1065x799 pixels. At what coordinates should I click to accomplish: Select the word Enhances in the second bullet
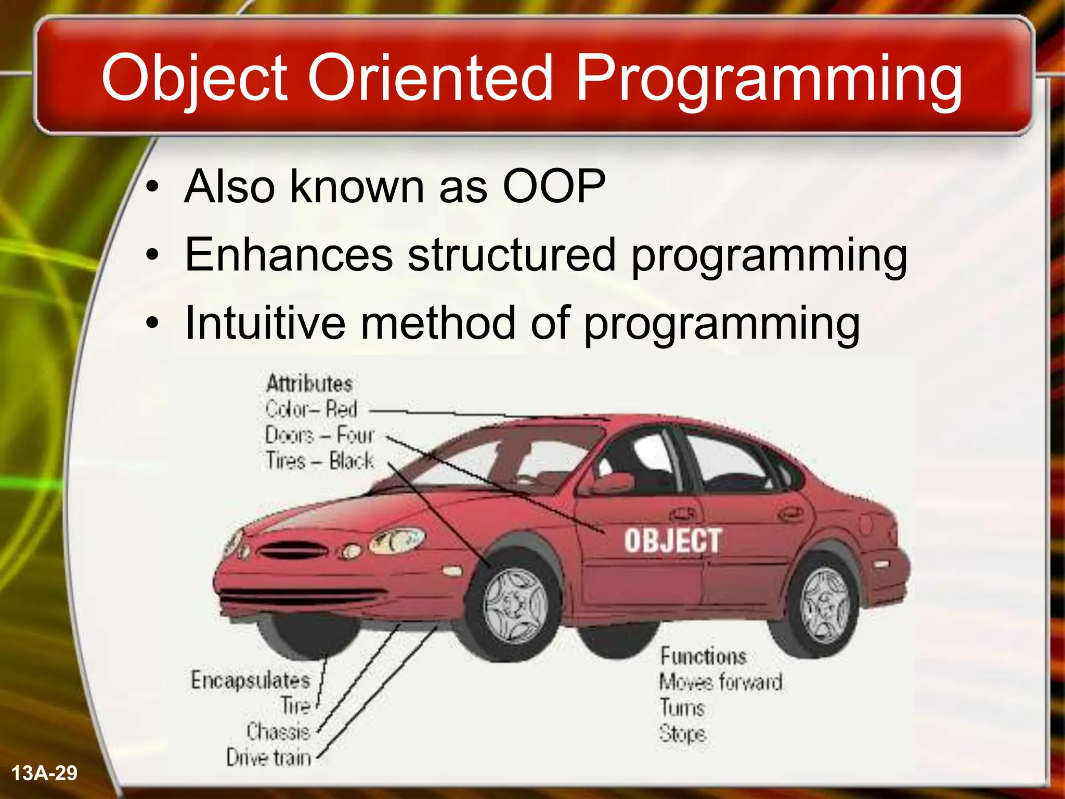click(289, 254)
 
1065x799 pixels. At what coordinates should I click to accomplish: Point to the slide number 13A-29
click(44, 773)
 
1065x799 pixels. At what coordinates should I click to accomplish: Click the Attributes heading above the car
click(309, 384)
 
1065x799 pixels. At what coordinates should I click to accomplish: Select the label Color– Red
click(311, 409)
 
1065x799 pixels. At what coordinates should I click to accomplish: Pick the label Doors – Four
click(319, 435)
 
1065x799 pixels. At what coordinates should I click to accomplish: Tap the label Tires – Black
click(319, 461)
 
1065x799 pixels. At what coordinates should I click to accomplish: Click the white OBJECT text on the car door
click(672, 540)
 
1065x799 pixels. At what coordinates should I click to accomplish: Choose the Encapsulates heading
click(250, 680)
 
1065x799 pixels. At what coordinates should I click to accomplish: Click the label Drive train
click(268, 757)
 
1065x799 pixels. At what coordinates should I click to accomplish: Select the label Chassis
click(278, 731)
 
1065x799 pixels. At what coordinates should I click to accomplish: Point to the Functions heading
click(703, 656)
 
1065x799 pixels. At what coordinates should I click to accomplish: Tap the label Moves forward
click(720, 682)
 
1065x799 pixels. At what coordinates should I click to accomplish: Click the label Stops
click(682, 733)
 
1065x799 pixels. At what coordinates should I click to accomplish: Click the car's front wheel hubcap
click(515, 605)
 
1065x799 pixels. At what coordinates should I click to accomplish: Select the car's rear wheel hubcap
click(826, 607)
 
